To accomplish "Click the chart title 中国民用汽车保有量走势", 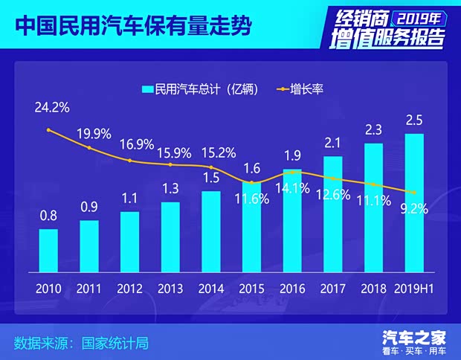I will tap(132, 26).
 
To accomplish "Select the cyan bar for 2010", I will tap(48, 250).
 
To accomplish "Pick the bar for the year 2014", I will tap(211, 231).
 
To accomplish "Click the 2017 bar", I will tap(333, 213).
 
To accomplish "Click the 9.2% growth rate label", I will tap(414, 209).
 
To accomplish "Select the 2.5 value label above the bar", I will tap(414, 120).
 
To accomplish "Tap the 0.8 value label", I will tap(48, 216).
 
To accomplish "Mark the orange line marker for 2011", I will tap(89, 148).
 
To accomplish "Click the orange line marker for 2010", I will tap(48, 130).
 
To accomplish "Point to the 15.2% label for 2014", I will tap(219, 153).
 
